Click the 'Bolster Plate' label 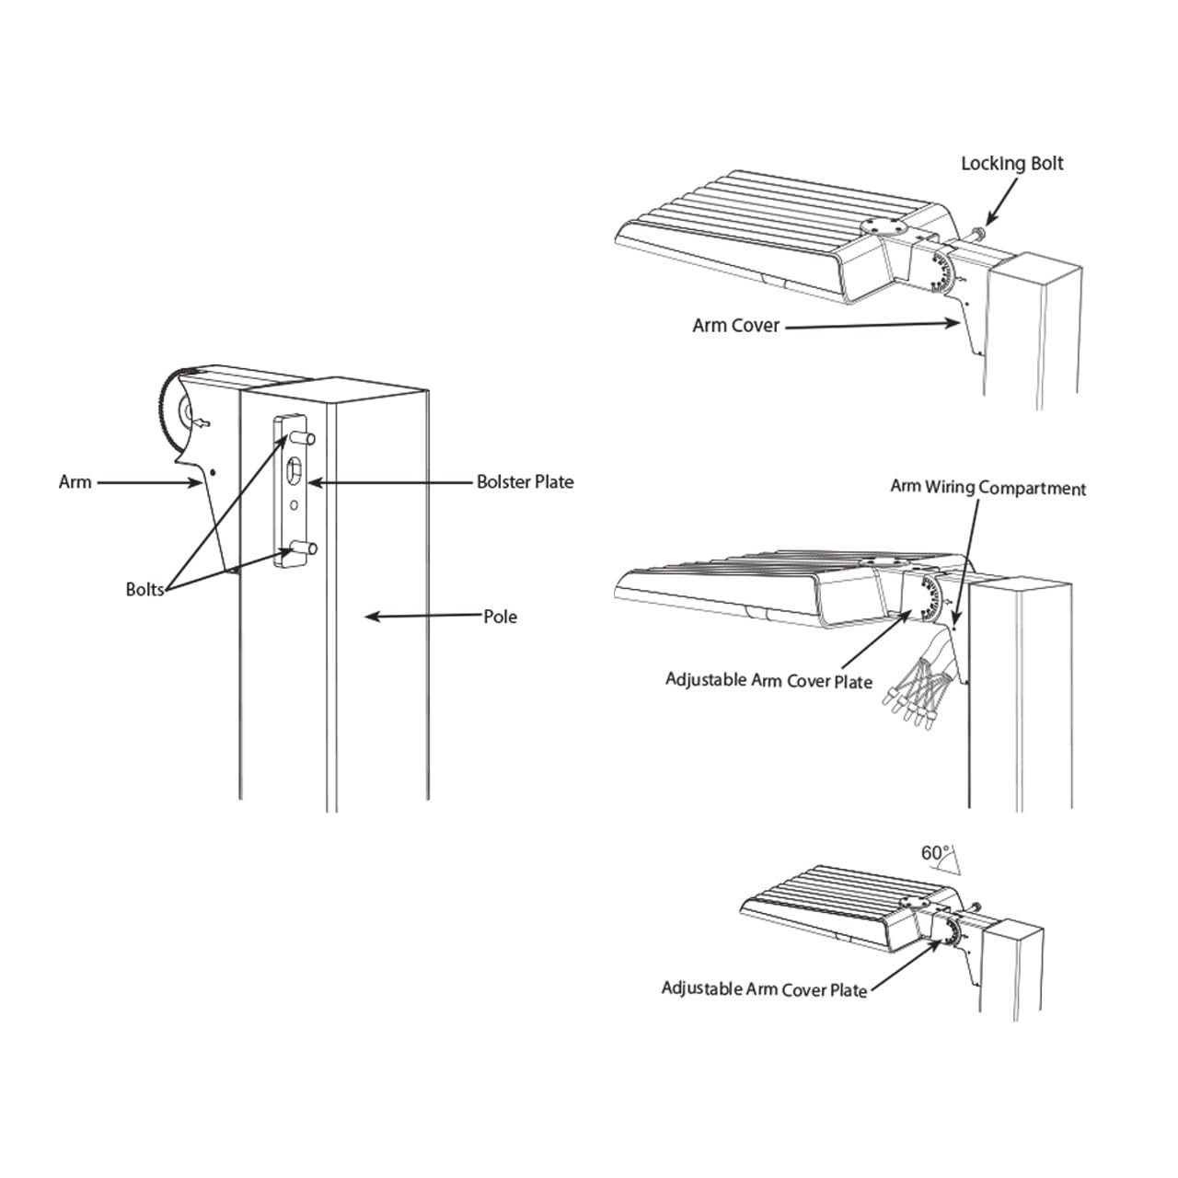coord(525,482)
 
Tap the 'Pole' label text coord(500,617)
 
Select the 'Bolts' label coord(144,589)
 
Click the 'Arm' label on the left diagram coord(75,481)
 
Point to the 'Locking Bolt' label coord(1012,163)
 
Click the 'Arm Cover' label coord(736,325)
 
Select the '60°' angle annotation coord(935,853)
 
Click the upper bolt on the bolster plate coord(301,438)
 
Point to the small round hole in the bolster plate coord(294,505)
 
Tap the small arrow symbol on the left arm coord(202,423)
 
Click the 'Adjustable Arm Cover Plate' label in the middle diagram coord(768,680)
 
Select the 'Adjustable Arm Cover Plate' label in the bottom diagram coord(764,989)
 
